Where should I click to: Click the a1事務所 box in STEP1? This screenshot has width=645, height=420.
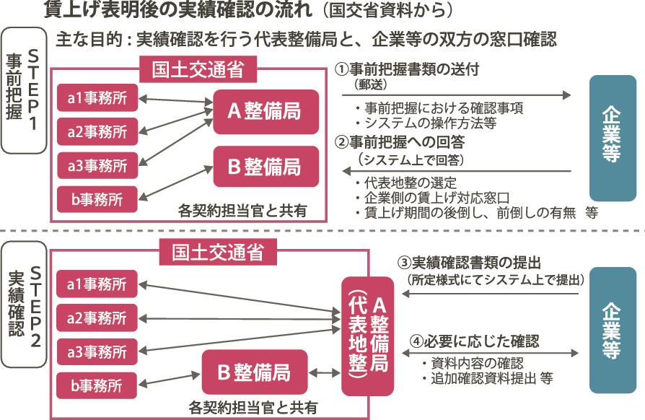pos(97,98)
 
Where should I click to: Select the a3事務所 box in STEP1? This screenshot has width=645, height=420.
pos(97,165)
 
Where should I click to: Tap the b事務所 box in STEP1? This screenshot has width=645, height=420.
pos(97,198)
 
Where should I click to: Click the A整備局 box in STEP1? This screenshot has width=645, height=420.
pos(266,112)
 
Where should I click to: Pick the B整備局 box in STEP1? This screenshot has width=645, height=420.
pos(266,167)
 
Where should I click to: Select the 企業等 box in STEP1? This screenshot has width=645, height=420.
pos(612,138)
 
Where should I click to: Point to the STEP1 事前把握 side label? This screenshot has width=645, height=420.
pos(24,90)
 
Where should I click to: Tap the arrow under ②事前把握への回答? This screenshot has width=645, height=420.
pos(458,171)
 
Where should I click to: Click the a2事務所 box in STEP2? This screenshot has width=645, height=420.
pos(97,317)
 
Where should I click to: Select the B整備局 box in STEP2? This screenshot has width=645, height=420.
pos(255,372)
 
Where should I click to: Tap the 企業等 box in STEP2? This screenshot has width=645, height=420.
pos(612,330)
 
